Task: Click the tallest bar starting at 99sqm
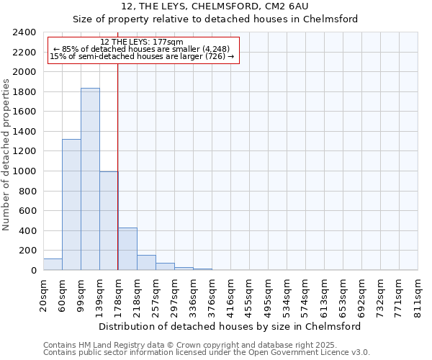click(90, 179)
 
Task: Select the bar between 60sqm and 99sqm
click(71, 204)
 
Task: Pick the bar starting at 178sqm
click(127, 249)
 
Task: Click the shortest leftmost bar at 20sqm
click(53, 264)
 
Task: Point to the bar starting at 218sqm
click(146, 263)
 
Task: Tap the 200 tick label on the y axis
click(28, 251)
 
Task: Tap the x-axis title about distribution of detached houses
click(230, 326)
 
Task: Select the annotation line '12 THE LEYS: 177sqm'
click(142, 42)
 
